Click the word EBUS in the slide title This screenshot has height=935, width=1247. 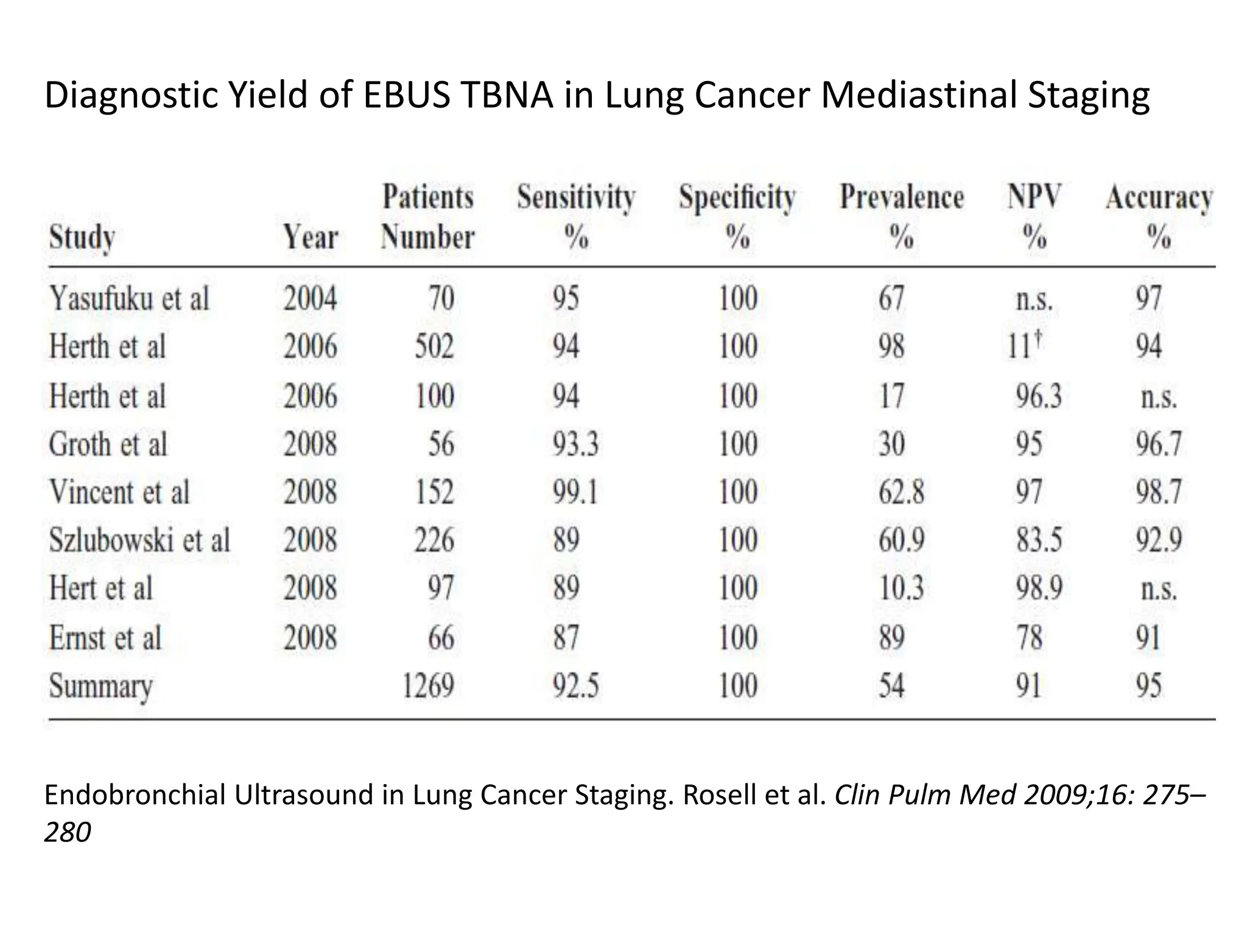(x=406, y=96)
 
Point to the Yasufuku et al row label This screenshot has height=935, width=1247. (x=129, y=299)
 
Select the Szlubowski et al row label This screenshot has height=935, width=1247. (x=139, y=541)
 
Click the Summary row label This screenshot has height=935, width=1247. (x=100, y=686)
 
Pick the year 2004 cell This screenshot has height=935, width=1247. (x=310, y=299)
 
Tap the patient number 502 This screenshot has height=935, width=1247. (x=434, y=347)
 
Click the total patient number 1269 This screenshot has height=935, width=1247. (x=428, y=686)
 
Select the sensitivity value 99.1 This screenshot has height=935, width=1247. (x=575, y=492)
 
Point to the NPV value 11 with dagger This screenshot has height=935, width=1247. (x=1025, y=347)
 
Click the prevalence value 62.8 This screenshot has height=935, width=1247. (x=901, y=492)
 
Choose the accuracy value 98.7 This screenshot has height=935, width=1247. (x=1159, y=492)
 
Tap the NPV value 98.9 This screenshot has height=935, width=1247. (x=1039, y=589)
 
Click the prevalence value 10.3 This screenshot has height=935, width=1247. (x=901, y=589)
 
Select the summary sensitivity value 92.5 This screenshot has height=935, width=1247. (x=575, y=686)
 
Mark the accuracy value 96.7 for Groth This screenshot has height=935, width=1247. (x=1159, y=444)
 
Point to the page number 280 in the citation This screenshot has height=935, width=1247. (x=68, y=832)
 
